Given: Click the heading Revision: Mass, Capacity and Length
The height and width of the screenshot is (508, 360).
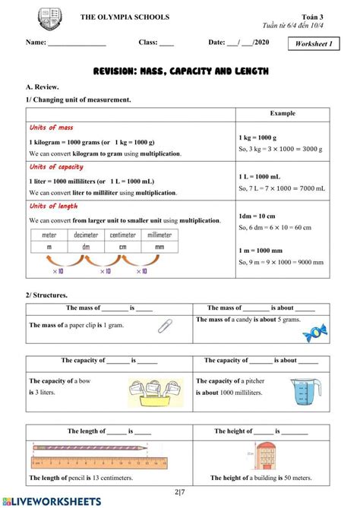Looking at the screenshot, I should pyautogui.click(x=179, y=71).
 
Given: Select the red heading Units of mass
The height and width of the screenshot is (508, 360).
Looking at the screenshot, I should pyautogui.click(x=51, y=128).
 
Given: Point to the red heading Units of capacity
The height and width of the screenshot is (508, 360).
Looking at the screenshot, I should pyautogui.click(x=55, y=167).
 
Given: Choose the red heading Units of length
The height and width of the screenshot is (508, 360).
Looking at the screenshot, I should pyautogui.click(x=53, y=207).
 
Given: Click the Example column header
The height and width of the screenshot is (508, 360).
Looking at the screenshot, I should pyautogui.click(x=283, y=113).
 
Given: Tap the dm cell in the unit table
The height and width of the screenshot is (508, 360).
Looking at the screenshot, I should pyautogui.click(x=86, y=247).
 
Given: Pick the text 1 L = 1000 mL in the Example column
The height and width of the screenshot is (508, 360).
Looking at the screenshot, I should pyautogui.click(x=261, y=175).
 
